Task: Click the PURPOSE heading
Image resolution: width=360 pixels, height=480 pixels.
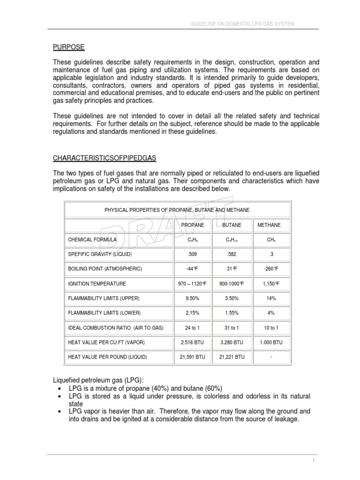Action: pyautogui.click(x=68, y=47)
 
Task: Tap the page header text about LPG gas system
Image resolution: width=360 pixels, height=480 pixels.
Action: pyautogui.click(x=242, y=24)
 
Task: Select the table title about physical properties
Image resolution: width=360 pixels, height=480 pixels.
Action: pyautogui.click(x=177, y=210)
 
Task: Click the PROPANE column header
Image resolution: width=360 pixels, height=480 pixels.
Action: pyautogui.click(x=193, y=225)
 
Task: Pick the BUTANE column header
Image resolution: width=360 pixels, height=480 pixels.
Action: pyautogui.click(x=232, y=225)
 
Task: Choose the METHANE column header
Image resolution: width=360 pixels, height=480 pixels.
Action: pyautogui.click(x=269, y=225)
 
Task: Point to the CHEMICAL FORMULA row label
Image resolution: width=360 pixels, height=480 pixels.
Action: pyautogui.click(x=92, y=240)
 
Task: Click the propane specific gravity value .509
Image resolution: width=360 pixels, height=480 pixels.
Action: pyautogui.click(x=193, y=254)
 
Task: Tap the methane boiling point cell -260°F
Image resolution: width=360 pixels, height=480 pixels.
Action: pyautogui.click(x=271, y=269)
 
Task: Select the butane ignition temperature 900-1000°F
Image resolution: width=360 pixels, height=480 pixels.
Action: pyautogui.click(x=232, y=284)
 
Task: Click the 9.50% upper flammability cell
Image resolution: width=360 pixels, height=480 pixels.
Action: pyautogui.click(x=193, y=298)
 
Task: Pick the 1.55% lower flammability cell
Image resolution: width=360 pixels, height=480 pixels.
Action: pyautogui.click(x=232, y=313)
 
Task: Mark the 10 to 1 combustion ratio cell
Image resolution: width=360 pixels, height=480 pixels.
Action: pyautogui.click(x=271, y=328)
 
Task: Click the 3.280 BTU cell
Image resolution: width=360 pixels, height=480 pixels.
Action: pyautogui.click(x=232, y=342)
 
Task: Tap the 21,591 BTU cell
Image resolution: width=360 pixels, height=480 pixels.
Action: pyautogui.click(x=193, y=357)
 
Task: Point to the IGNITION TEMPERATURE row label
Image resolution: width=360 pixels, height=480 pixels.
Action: pyautogui.click(x=97, y=284)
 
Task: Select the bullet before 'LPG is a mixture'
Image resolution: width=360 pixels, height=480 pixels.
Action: pyautogui.click(x=57, y=389)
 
